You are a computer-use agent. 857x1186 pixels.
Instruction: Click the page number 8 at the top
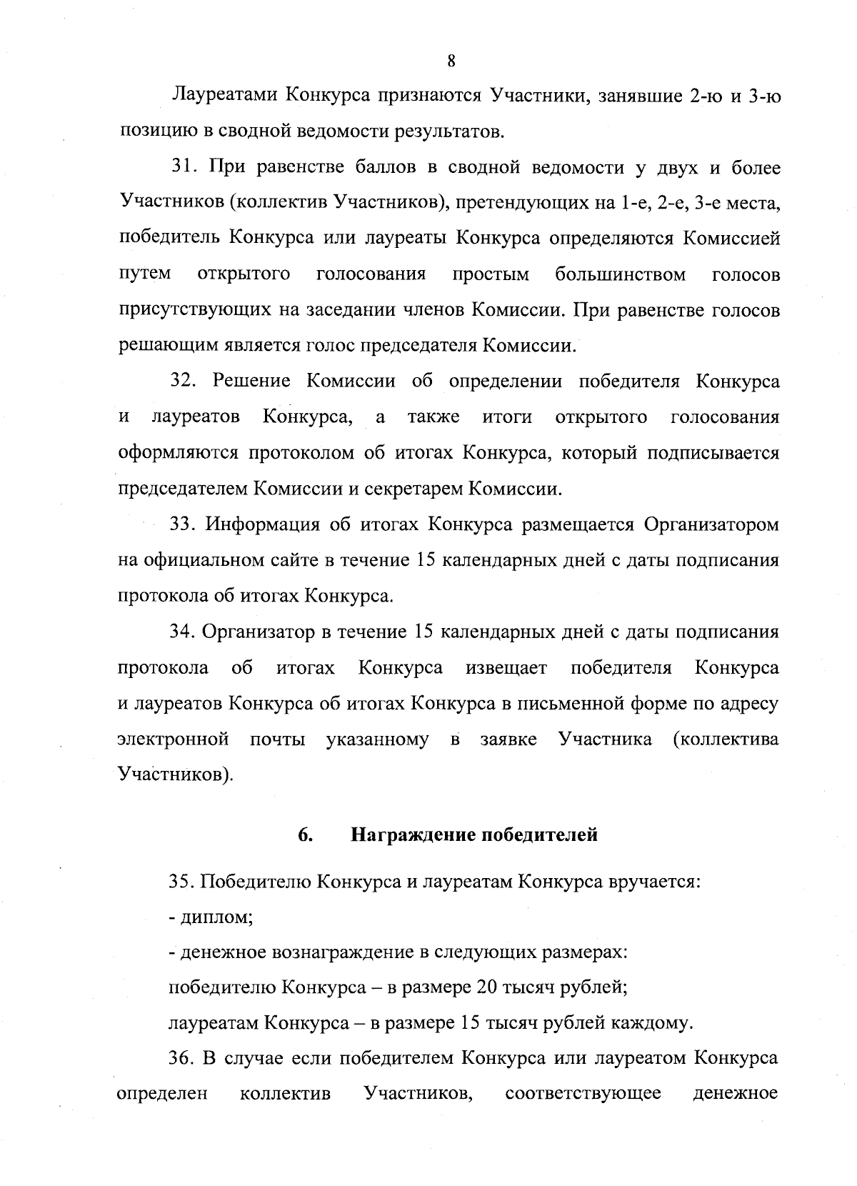point(451,61)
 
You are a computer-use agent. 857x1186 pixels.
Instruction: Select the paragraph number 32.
point(184,382)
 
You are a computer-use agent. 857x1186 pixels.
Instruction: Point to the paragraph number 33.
point(184,524)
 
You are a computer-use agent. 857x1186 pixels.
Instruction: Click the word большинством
point(620,274)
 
